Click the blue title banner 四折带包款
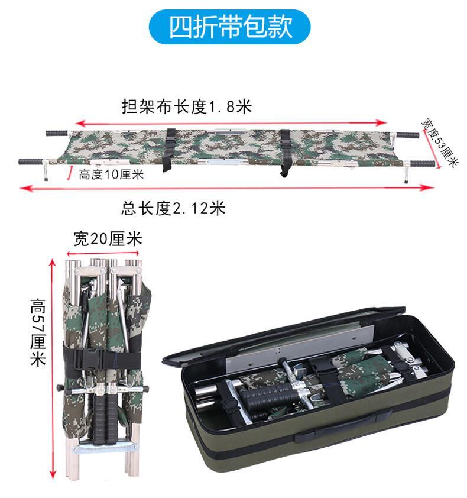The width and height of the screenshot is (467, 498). (229, 27)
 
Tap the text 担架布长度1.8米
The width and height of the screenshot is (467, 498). (187, 106)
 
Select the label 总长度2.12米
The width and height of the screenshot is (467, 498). (173, 209)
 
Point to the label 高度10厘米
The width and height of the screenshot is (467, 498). (111, 174)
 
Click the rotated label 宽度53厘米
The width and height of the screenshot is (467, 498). (440, 143)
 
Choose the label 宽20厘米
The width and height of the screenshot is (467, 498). (108, 239)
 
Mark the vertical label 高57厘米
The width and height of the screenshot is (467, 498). (38, 332)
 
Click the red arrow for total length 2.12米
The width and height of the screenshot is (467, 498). (226, 188)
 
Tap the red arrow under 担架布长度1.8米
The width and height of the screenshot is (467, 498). (231, 123)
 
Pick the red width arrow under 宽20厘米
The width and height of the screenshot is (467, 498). (103, 253)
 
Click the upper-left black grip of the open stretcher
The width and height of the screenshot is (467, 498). (57, 133)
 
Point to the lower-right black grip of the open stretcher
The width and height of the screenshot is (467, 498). (422, 164)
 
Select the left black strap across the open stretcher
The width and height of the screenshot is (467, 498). (169, 149)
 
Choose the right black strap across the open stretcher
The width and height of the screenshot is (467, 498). (286, 153)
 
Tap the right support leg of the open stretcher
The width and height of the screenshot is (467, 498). (406, 173)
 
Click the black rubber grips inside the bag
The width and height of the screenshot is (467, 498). (266, 396)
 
